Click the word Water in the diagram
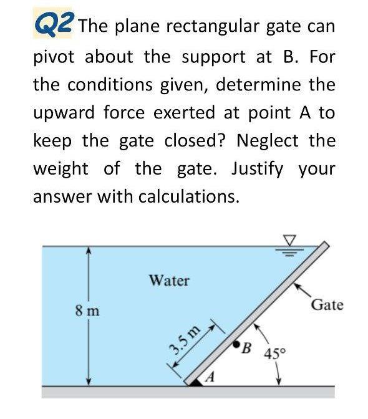(x=168, y=281)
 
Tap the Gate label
(x=327, y=305)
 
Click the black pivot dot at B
(x=236, y=344)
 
